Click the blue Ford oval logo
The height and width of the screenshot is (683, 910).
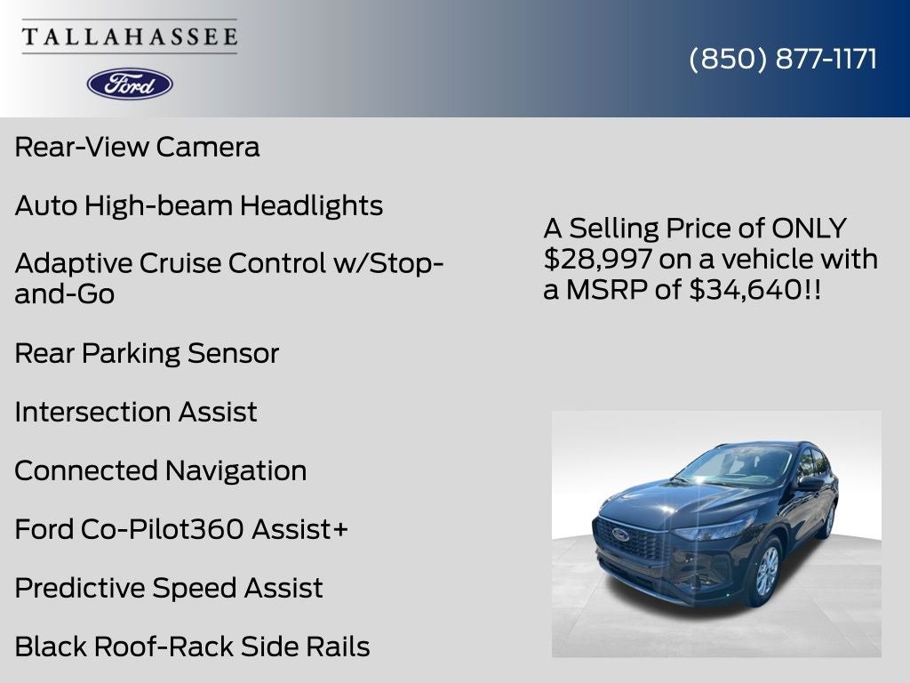(130, 84)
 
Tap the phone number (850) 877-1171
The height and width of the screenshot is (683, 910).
(783, 59)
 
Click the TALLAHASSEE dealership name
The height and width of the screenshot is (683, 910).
(130, 36)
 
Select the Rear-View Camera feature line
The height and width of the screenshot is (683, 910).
(137, 147)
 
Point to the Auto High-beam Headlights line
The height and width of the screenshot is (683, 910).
(198, 205)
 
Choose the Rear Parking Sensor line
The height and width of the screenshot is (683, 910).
(147, 353)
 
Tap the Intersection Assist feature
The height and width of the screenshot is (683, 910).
(136, 412)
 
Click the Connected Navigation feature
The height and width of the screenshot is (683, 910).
(160, 470)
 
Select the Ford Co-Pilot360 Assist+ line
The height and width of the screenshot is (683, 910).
(181, 529)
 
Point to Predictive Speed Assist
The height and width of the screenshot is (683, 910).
(169, 588)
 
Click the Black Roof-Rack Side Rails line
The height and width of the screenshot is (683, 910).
(192, 647)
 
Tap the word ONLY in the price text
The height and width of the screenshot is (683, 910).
(809, 229)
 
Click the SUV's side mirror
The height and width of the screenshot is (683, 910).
(810, 483)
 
